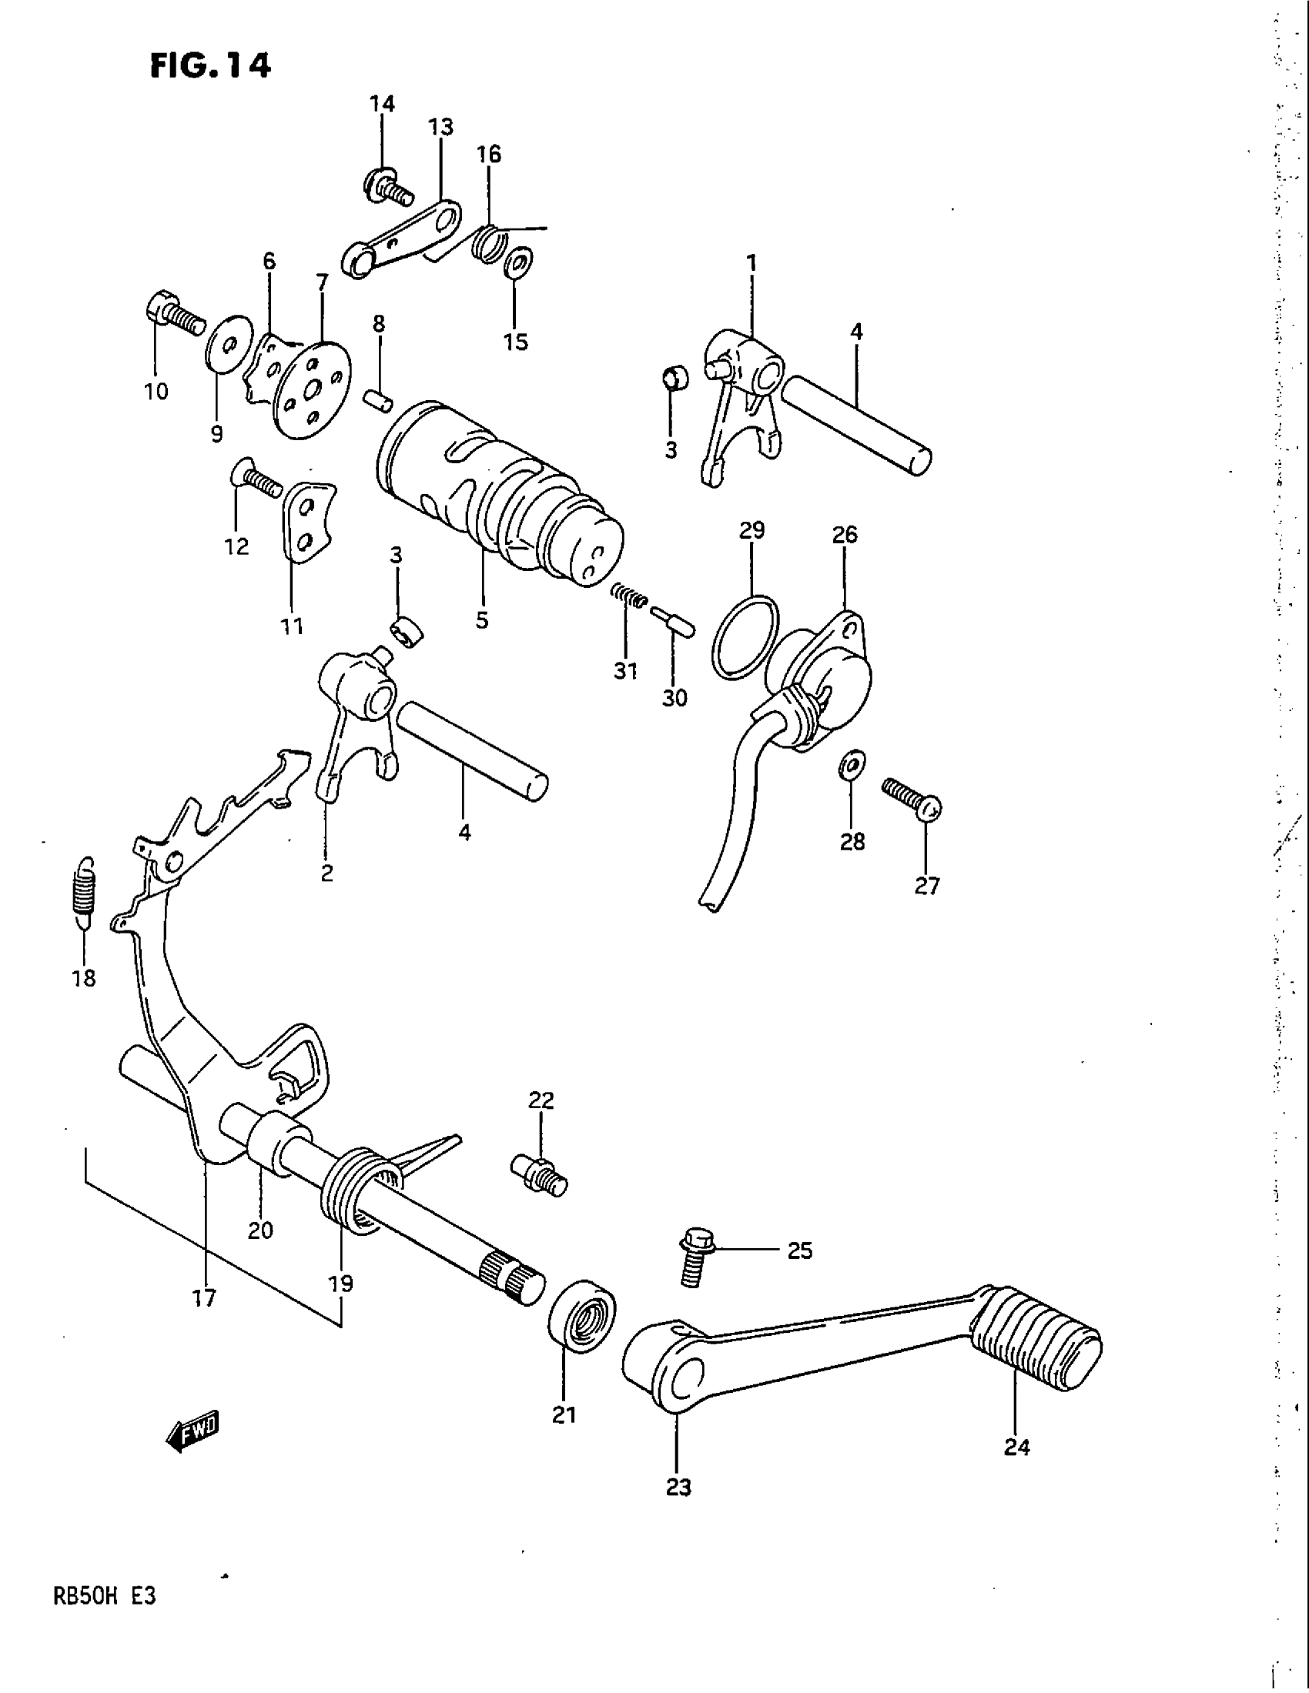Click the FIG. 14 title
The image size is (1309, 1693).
pos(210,66)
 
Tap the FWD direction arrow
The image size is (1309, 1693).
pos(193,1429)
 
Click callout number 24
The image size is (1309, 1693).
pos(1016,1447)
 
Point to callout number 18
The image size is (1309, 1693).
pos(84,978)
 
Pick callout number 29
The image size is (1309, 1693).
pos(752,530)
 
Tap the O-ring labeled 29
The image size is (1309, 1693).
pos(744,638)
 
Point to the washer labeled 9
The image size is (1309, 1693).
pos(229,343)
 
